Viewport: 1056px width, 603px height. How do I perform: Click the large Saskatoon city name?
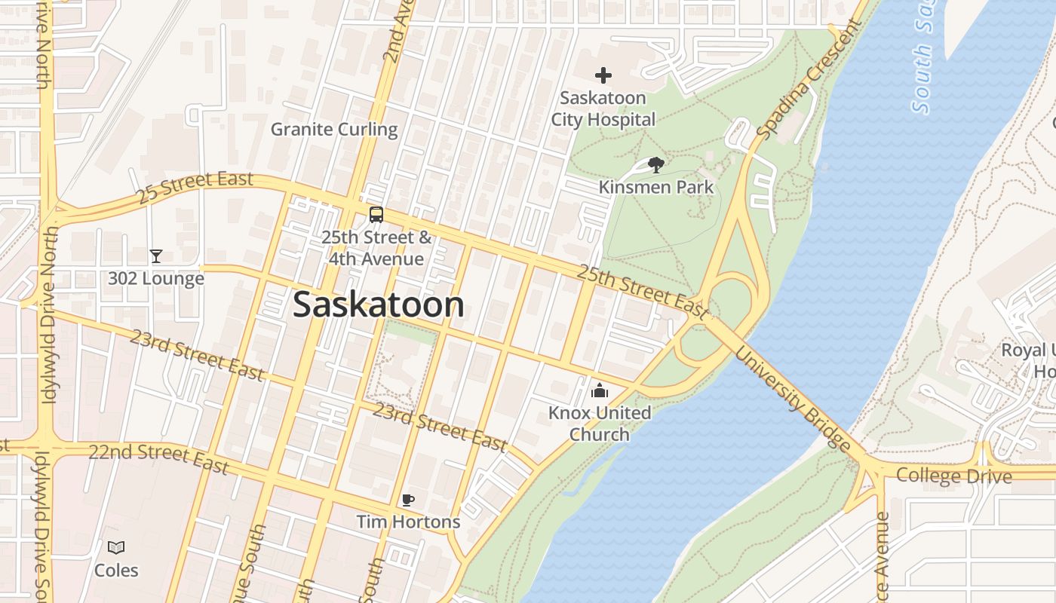pos(378,305)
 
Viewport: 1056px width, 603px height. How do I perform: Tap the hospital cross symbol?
pos(603,75)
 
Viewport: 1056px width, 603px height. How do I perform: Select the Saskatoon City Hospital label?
pos(603,109)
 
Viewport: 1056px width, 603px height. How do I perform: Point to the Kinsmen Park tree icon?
pos(656,165)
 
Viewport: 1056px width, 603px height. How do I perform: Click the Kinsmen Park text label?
pos(655,186)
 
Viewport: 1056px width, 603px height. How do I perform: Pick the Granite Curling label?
pos(334,129)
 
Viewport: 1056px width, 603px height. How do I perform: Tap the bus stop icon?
pos(376,215)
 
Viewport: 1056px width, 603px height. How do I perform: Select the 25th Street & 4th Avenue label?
pos(376,248)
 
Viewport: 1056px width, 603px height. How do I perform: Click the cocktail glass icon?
pos(155,256)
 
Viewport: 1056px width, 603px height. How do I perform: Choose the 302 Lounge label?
pos(155,278)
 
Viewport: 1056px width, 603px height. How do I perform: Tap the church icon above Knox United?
pos(600,390)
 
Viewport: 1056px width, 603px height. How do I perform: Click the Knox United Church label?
pos(600,423)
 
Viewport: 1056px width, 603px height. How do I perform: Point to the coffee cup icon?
pos(407,500)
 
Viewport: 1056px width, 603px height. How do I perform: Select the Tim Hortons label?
pos(407,521)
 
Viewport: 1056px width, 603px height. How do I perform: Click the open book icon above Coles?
pos(116,548)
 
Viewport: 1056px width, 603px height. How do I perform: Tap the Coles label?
pos(116,570)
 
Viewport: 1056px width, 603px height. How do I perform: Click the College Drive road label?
pos(953,476)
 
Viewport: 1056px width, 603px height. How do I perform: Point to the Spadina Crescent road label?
pos(809,80)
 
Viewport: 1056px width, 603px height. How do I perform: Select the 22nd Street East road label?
pos(158,458)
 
